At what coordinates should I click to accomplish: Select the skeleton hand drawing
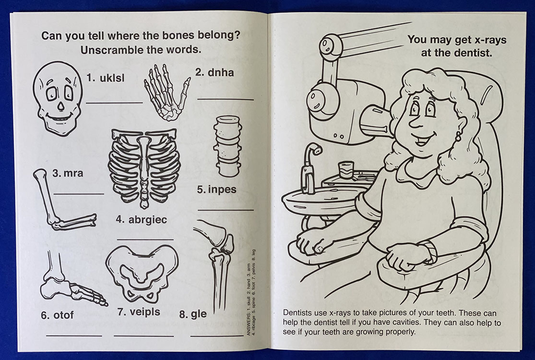166,91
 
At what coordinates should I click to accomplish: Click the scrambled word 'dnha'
221,73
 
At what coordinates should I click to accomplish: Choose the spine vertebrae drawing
227,145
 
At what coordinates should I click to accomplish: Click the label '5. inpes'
217,190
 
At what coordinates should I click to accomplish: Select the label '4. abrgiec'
141,220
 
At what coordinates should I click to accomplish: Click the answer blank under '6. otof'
74,335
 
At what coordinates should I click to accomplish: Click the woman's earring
458,135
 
